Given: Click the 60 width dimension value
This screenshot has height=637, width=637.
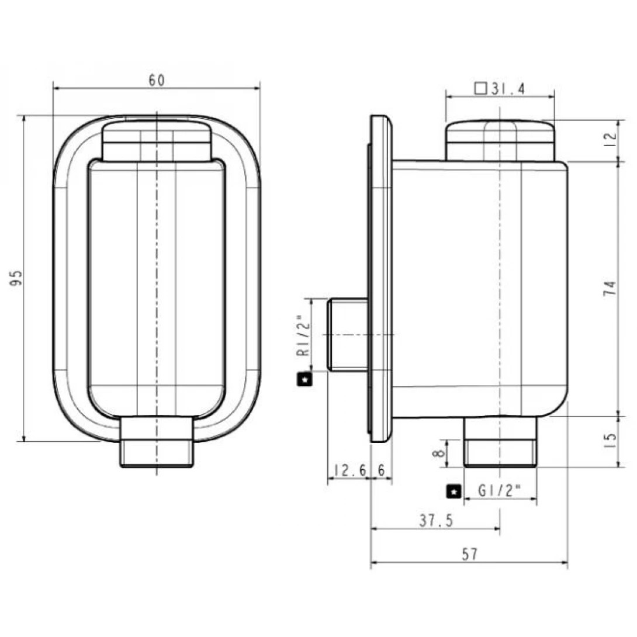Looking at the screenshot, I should pos(156,81).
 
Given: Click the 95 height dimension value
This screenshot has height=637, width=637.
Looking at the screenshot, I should pos(17,278).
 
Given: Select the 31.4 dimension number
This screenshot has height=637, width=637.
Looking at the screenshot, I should pos(508,89).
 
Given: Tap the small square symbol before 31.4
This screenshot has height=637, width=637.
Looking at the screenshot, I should pos(480,89).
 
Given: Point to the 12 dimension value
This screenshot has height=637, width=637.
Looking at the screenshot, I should pos(610,139).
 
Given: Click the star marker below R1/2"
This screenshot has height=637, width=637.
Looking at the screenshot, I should pos(304,380).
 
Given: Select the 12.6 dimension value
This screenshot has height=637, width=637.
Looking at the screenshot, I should pos(349,469).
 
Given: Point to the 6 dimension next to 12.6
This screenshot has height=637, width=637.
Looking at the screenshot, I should pos(381,469).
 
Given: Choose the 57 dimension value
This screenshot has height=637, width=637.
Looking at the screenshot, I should pos(469,554).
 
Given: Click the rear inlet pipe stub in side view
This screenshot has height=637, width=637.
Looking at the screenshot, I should pos(347,334).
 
